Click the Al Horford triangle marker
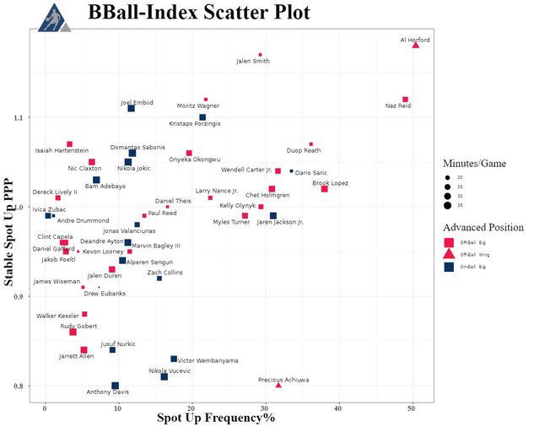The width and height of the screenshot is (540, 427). click(x=416, y=45)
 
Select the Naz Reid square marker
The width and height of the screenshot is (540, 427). click(x=406, y=100)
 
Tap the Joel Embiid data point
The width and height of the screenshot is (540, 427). click(x=131, y=108)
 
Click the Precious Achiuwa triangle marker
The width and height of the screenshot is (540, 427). click(x=278, y=385)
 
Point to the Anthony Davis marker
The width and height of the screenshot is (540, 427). click(x=116, y=386)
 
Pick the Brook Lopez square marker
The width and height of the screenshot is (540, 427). click(x=325, y=189)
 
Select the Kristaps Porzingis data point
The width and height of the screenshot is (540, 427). click(x=202, y=117)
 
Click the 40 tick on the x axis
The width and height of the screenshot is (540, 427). click(x=337, y=406)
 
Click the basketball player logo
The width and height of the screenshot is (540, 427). click(x=53, y=15)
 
